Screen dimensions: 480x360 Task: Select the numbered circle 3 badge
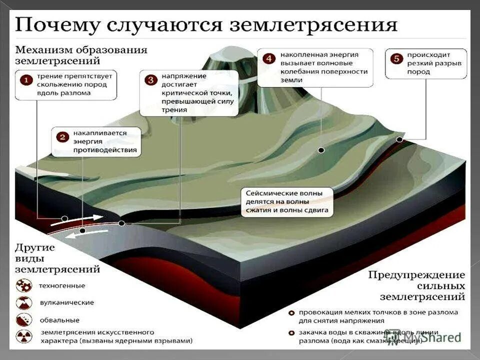point(150,79)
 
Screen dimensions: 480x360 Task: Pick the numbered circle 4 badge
point(269,59)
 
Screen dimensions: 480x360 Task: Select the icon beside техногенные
point(24,286)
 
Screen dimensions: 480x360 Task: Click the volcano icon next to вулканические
point(24,302)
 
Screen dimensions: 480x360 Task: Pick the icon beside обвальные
point(24,319)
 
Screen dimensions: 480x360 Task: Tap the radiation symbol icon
point(24,336)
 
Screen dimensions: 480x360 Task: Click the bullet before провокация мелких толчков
point(291,313)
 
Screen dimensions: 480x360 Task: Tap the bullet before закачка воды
point(291,332)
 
